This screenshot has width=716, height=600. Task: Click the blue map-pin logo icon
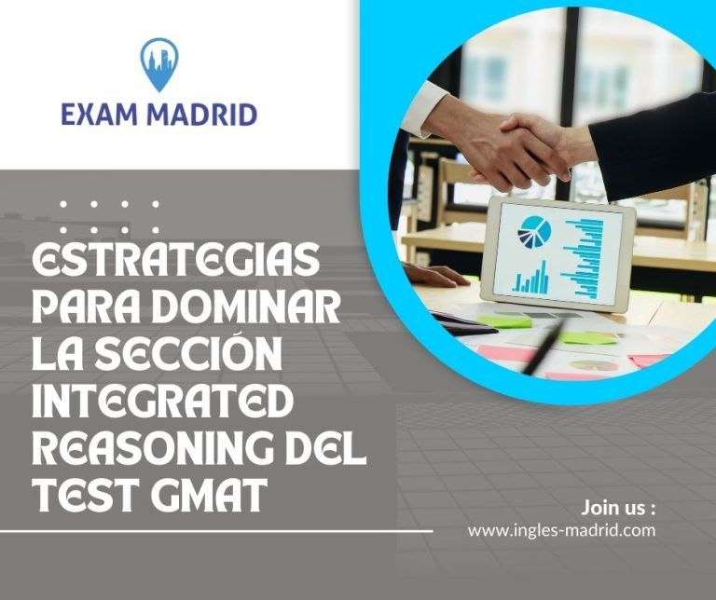[159, 64]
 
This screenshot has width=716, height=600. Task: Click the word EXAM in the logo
[99, 115]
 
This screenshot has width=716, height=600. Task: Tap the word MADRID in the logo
[201, 115]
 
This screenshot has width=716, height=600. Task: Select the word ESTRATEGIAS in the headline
[176, 259]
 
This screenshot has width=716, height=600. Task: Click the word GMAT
[209, 495]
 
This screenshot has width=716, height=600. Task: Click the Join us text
[618, 508]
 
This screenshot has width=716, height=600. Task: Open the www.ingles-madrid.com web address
[561, 530]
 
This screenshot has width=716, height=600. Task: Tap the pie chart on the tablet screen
[534, 232]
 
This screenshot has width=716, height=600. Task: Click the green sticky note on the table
[505, 321]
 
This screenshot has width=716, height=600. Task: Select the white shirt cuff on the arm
[425, 108]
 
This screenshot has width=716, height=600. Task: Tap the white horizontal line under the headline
[216, 531]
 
